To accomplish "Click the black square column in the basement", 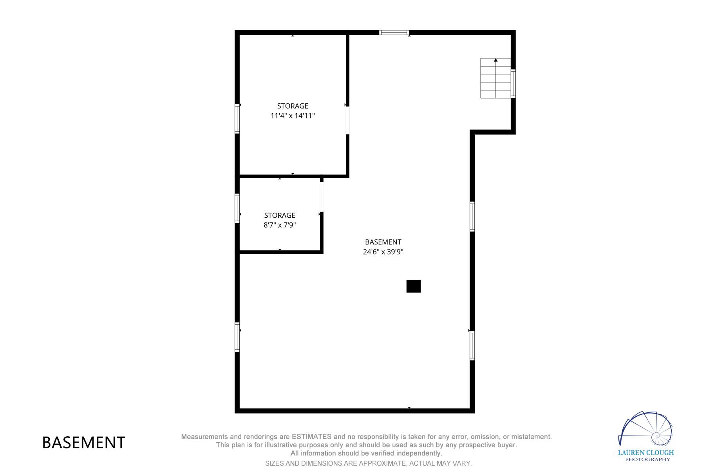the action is tap(413, 286).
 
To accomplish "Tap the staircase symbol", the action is tap(495, 78).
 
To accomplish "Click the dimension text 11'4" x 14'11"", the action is tap(293, 116).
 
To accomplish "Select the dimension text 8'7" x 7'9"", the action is tap(280, 225).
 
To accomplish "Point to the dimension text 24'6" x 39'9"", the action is tap(383, 252).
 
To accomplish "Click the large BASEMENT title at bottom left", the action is tap(83, 443).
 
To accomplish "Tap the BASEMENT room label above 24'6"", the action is tap(383, 242).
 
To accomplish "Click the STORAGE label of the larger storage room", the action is tap(293, 106).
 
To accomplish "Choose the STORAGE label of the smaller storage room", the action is tap(280, 215).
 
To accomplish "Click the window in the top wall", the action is tap(394, 33).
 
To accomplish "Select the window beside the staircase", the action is tap(513, 83).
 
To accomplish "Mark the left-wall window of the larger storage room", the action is tap(237, 119).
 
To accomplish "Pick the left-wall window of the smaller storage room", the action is tap(237, 208).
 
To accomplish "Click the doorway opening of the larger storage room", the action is tap(347, 121).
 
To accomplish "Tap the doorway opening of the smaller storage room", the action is tap(322, 197).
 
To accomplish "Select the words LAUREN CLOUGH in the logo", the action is tap(646, 453).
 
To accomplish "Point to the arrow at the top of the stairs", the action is tap(495, 60).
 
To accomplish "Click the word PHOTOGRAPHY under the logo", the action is tap(647, 459).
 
